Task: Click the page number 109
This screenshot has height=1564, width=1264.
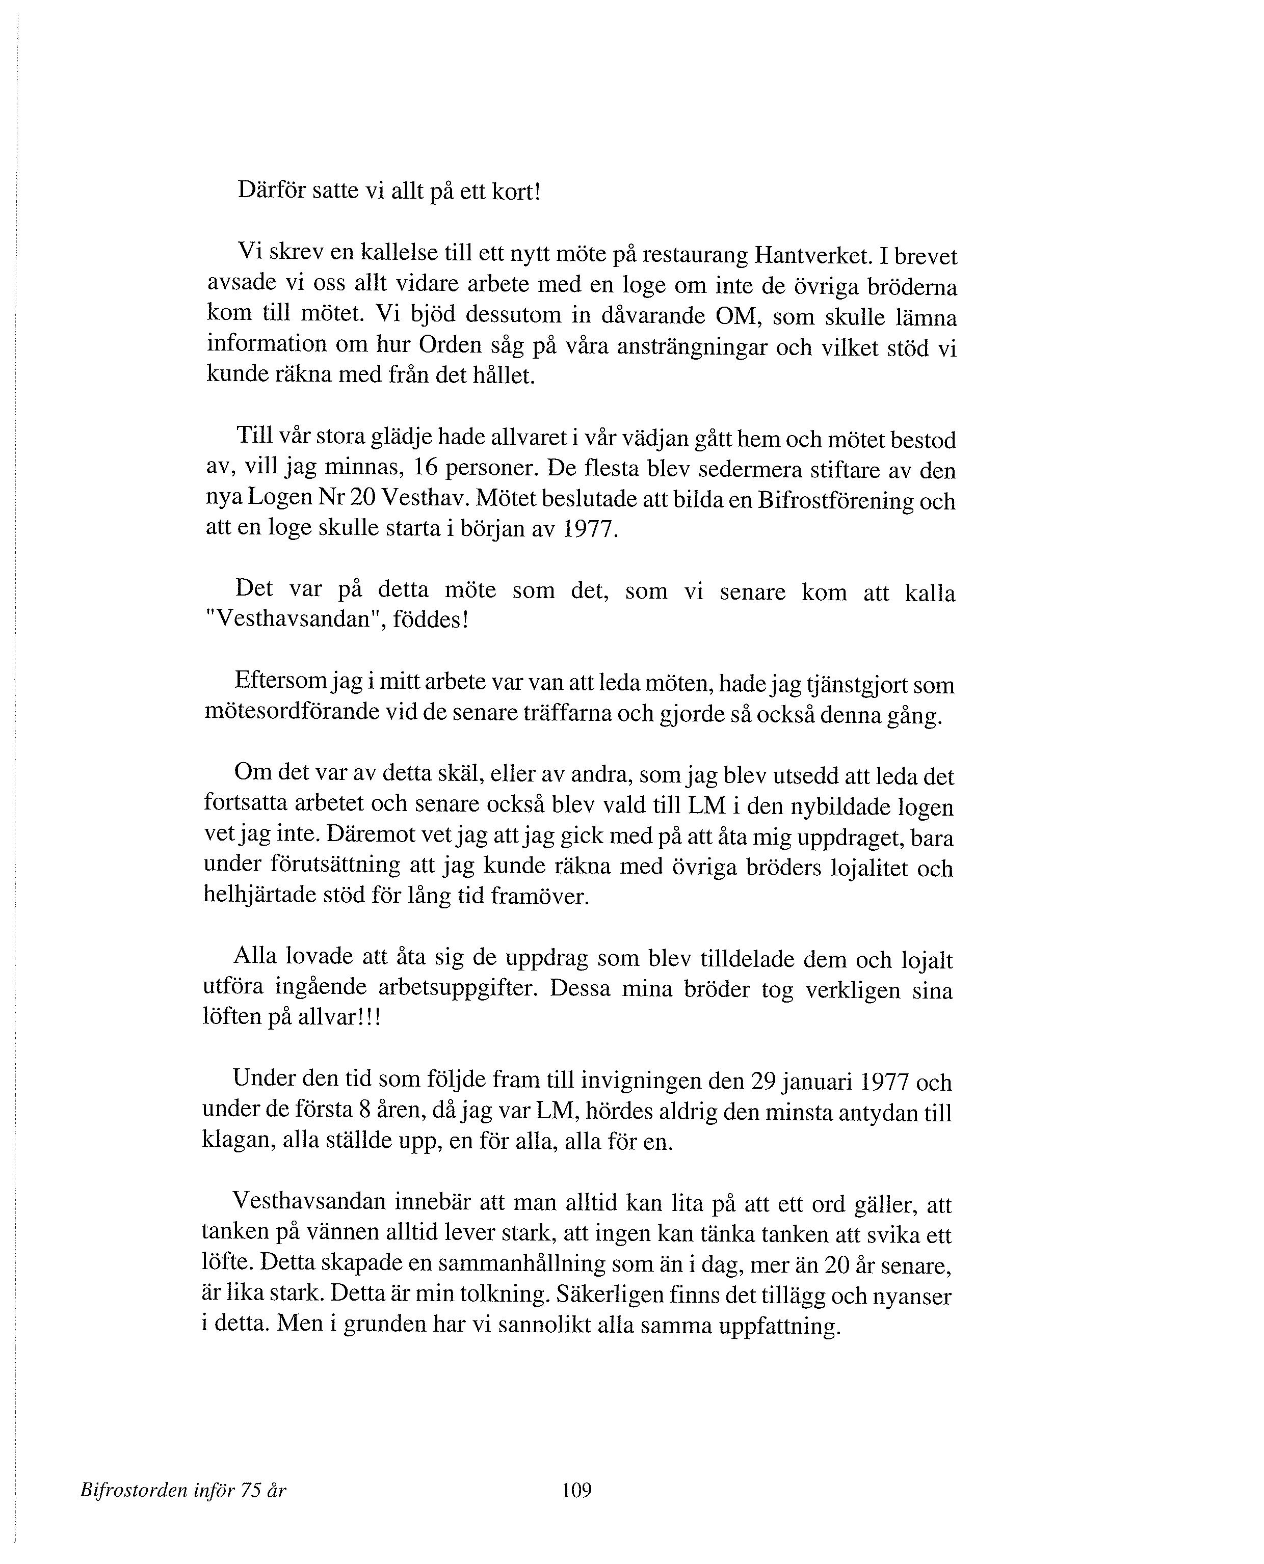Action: pyautogui.click(x=576, y=1490)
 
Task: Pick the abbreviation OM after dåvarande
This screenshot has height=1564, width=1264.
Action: pyautogui.click(x=736, y=316)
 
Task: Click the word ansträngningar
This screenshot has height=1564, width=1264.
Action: pyautogui.click(x=691, y=346)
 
